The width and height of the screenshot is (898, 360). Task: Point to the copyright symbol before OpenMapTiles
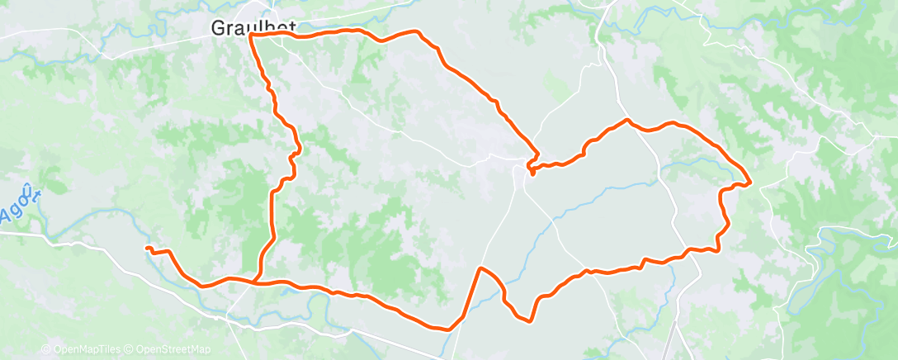45,350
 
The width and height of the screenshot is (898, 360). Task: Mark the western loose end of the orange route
147,248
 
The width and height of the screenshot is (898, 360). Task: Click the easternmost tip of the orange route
749,183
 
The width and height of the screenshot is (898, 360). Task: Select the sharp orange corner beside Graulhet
250,36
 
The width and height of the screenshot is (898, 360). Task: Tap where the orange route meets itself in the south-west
258,282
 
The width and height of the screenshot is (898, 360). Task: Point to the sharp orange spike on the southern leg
480,268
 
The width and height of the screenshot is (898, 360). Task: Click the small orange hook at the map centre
532,172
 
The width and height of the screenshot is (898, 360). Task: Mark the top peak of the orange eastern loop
627,121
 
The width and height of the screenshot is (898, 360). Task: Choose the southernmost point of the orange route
449,329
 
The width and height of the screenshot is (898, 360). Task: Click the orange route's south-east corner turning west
716,249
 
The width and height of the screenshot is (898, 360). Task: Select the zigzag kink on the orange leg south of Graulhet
295,153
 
